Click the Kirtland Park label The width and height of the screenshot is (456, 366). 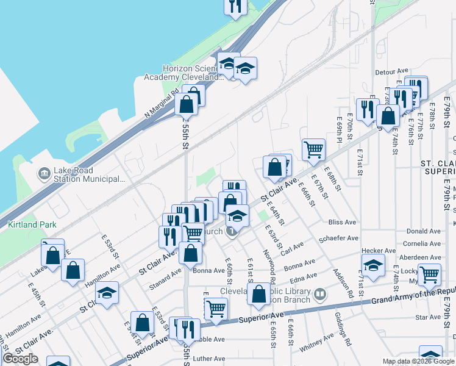(32, 224)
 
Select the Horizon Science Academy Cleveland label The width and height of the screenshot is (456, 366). (181, 73)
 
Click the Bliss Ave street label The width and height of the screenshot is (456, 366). (341, 222)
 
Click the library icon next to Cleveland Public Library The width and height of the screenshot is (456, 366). (319, 296)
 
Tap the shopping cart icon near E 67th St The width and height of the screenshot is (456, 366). (313, 148)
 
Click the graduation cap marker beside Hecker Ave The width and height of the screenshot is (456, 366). (373, 265)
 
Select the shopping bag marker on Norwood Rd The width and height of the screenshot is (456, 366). (259, 293)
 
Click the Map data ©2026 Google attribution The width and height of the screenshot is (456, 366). (418, 361)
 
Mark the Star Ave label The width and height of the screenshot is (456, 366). (427, 318)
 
